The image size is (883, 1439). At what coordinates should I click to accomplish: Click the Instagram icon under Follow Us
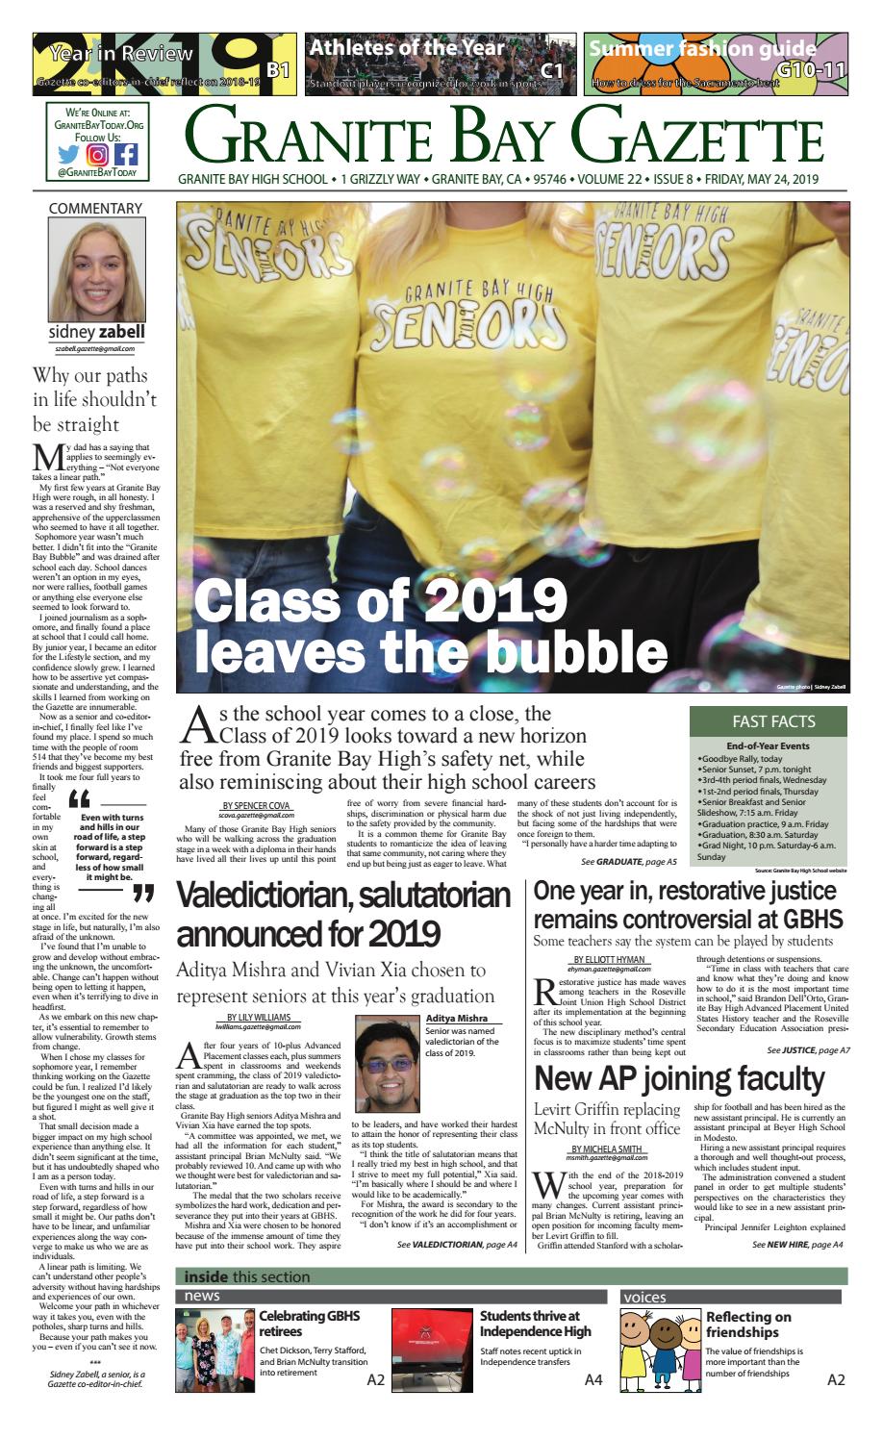click(97, 154)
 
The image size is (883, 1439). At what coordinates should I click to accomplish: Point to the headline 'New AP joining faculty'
click(679, 1077)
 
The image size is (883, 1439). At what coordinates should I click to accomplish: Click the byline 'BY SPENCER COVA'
click(256, 805)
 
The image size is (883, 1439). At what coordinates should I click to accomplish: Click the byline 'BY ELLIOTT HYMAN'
click(610, 960)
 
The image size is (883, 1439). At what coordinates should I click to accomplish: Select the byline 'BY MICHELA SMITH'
click(609, 1149)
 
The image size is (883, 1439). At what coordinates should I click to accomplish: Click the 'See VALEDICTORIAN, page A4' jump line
click(457, 1244)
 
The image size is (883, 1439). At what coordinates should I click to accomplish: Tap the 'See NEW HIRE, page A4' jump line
click(797, 1244)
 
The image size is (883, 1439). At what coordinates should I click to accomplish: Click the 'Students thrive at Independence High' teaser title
click(530, 1324)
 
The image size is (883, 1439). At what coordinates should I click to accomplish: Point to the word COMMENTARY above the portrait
click(95, 208)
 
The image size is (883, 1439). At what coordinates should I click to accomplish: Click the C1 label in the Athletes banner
click(551, 69)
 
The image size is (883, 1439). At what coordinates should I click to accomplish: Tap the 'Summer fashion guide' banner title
click(702, 48)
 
